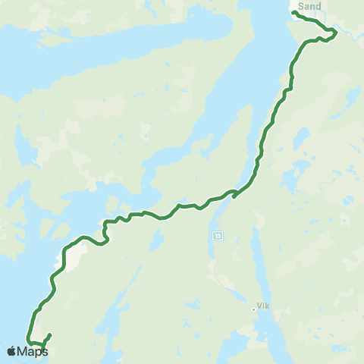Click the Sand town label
[310, 6]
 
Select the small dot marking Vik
[254, 309]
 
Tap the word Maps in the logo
[34, 351]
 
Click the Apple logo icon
[12, 351]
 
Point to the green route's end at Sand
[293, 13]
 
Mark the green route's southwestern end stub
[50, 334]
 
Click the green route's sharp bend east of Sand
[335, 32]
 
